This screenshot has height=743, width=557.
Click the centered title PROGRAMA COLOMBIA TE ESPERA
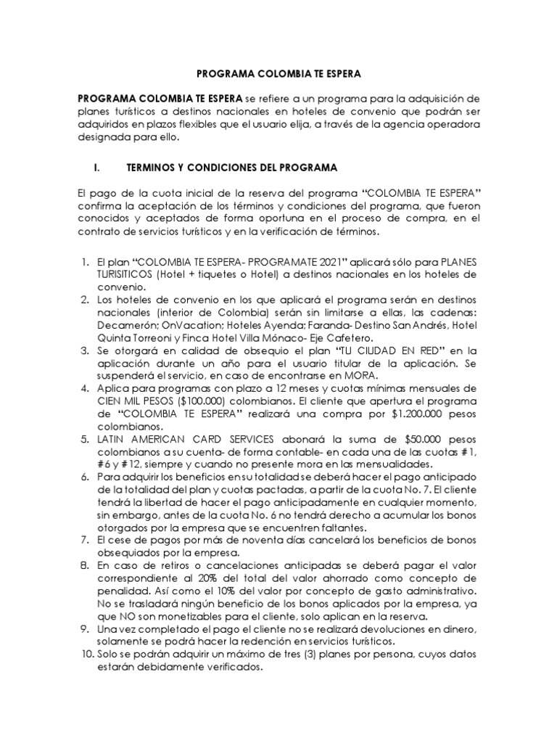[x=278, y=73]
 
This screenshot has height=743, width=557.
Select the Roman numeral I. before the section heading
[x=96, y=168]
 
